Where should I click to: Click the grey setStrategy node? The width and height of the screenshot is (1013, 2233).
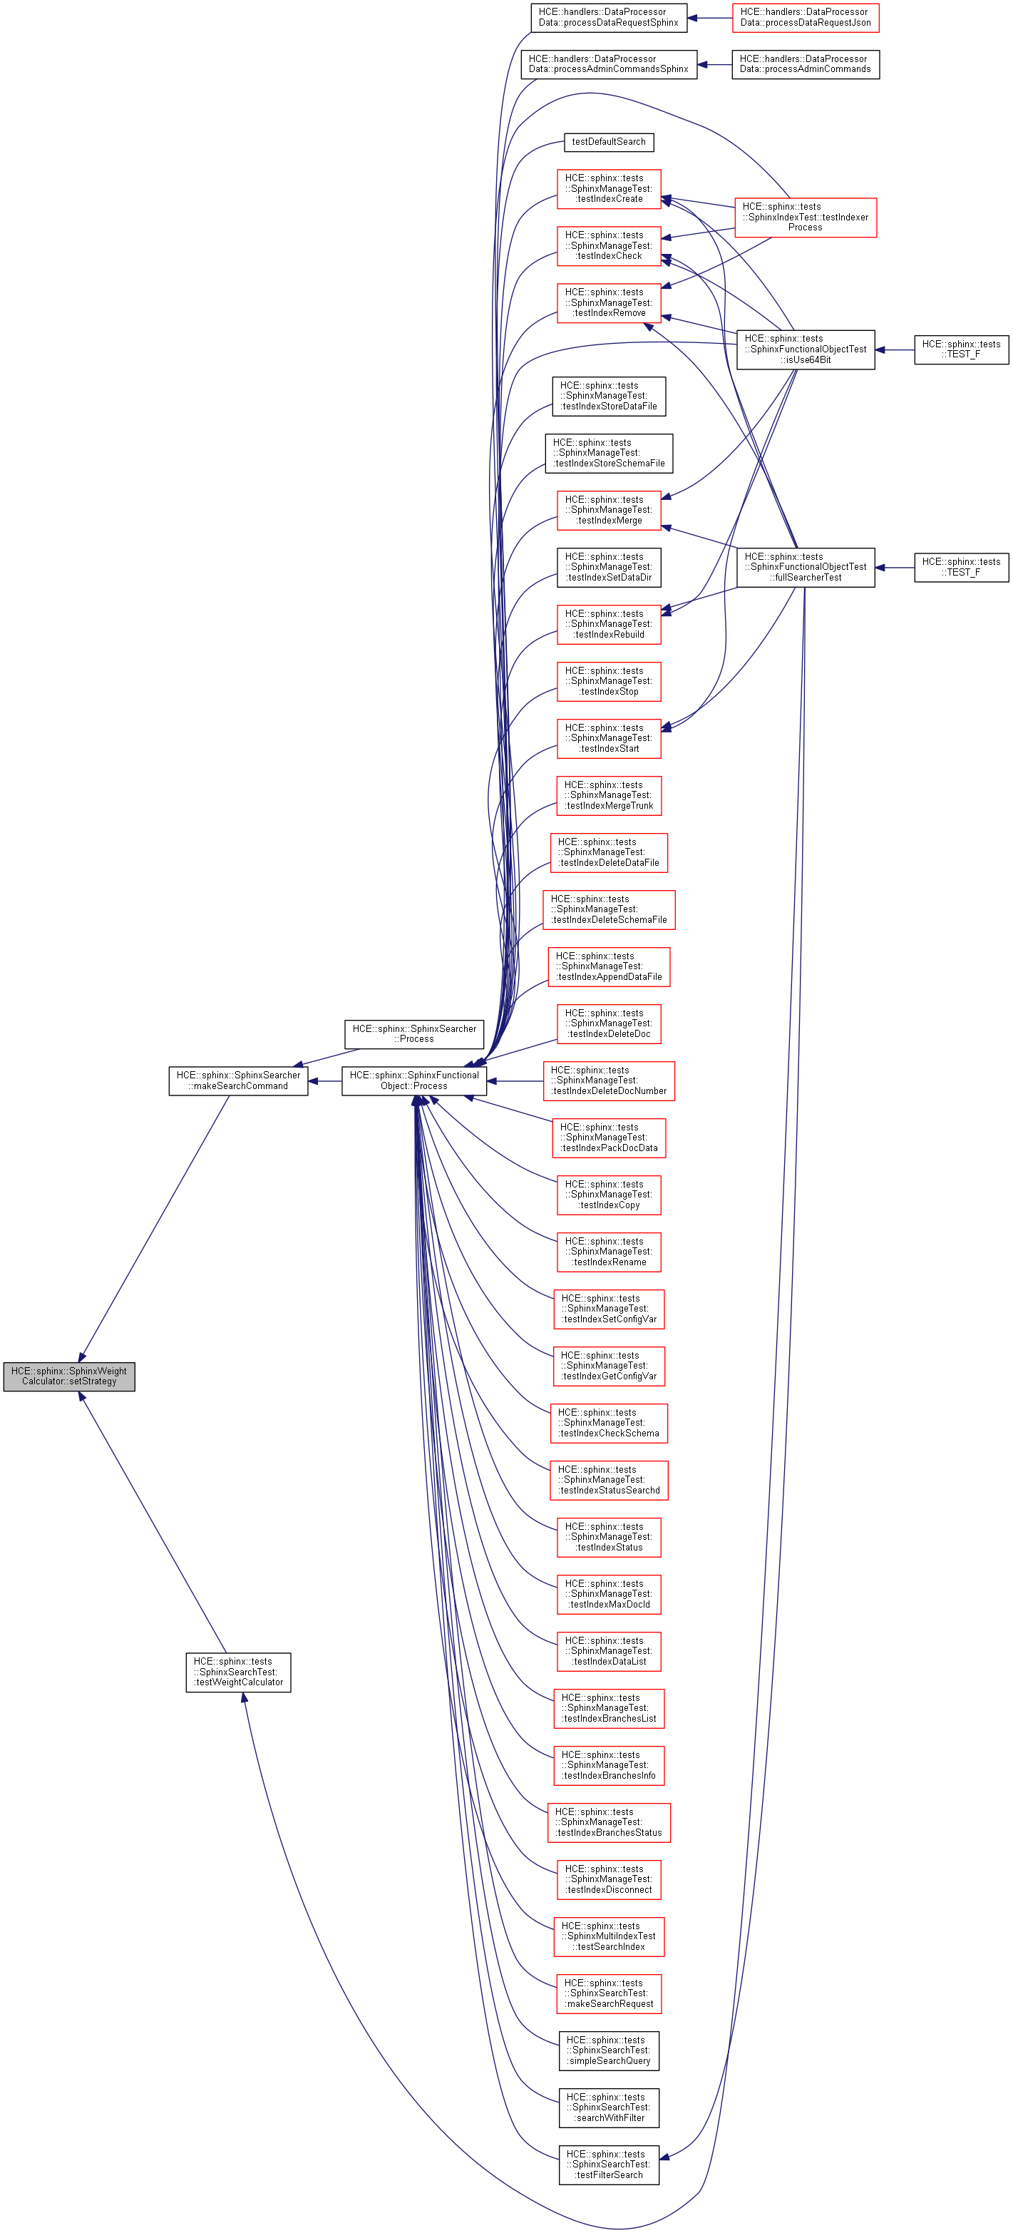(x=69, y=1376)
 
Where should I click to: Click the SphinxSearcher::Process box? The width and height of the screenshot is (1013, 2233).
(x=414, y=1033)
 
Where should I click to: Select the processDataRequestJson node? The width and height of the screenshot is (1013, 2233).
(x=805, y=17)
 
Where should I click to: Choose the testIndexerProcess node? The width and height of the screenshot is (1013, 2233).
(x=805, y=217)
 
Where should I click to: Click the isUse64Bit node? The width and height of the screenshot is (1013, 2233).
(x=805, y=349)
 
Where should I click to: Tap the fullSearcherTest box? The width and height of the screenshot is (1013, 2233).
(x=805, y=567)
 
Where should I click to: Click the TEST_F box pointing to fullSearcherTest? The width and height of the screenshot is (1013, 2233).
(x=961, y=567)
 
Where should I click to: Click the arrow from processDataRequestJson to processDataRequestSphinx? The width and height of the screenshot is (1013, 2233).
(x=710, y=17)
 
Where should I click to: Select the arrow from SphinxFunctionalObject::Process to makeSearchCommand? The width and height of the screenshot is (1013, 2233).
(x=325, y=1081)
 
